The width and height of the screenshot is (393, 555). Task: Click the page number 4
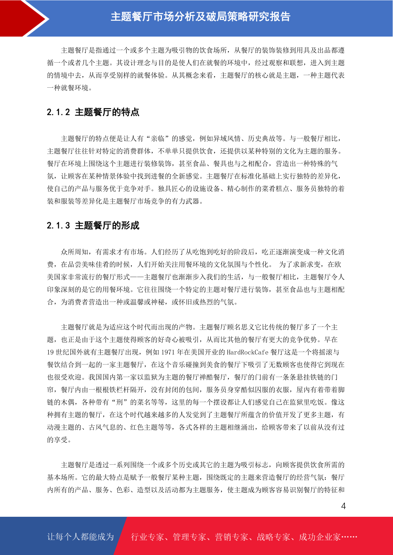[x=343, y=506]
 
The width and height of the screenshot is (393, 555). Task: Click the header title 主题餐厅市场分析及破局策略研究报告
[x=200, y=17]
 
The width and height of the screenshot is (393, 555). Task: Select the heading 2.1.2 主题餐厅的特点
[x=93, y=112]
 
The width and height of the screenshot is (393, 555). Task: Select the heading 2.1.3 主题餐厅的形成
[x=93, y=226]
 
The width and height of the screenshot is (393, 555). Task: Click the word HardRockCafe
[x=247, y=352]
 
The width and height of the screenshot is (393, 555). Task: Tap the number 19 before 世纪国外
[x=50, y=352]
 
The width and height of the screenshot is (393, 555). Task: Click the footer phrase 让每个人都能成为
[x=81, y=537]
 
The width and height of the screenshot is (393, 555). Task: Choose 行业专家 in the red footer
[x=147, y=537]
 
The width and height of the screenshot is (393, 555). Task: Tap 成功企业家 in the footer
[x=319, y=537]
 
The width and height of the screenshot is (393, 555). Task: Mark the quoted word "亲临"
[x=158, y=139]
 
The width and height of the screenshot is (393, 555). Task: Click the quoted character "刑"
[x=119, y=402]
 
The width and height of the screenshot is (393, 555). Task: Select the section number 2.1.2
[x=58, y=112]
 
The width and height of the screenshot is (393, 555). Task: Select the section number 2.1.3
[x=58, y=226]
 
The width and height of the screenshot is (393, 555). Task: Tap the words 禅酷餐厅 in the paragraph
[x=213, y=377]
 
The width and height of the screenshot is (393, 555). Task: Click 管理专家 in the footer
[x=189, y=537]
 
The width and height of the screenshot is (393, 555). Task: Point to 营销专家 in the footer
[x=231, y=537]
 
